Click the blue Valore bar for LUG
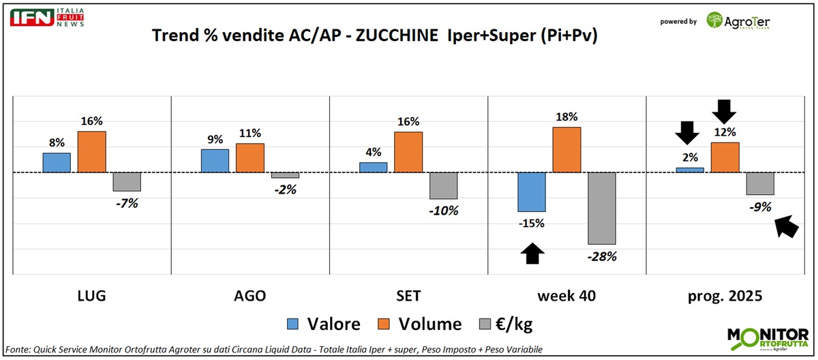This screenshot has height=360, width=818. pos(57,162)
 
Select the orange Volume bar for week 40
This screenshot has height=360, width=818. pos(566,149)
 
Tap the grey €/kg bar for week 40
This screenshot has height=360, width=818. pos(603,208)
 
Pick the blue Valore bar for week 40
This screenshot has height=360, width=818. pos(532,192)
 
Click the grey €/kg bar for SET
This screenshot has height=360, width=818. pos(443,185)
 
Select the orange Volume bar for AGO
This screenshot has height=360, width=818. pos(250,157)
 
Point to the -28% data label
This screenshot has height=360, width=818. pos(603,256)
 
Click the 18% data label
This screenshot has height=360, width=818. pos(566,117)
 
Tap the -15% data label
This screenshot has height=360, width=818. pos(532,223)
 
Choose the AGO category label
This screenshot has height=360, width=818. pos(249,296)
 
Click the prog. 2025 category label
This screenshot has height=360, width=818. pos(725,296)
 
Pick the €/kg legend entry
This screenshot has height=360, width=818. pos(517,324)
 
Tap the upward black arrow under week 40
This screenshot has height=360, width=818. pos(532,254)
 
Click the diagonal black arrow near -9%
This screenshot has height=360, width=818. pos(787,226)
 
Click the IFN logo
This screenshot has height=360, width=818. pos(31,18)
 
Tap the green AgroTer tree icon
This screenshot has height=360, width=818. pos(716,20)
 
